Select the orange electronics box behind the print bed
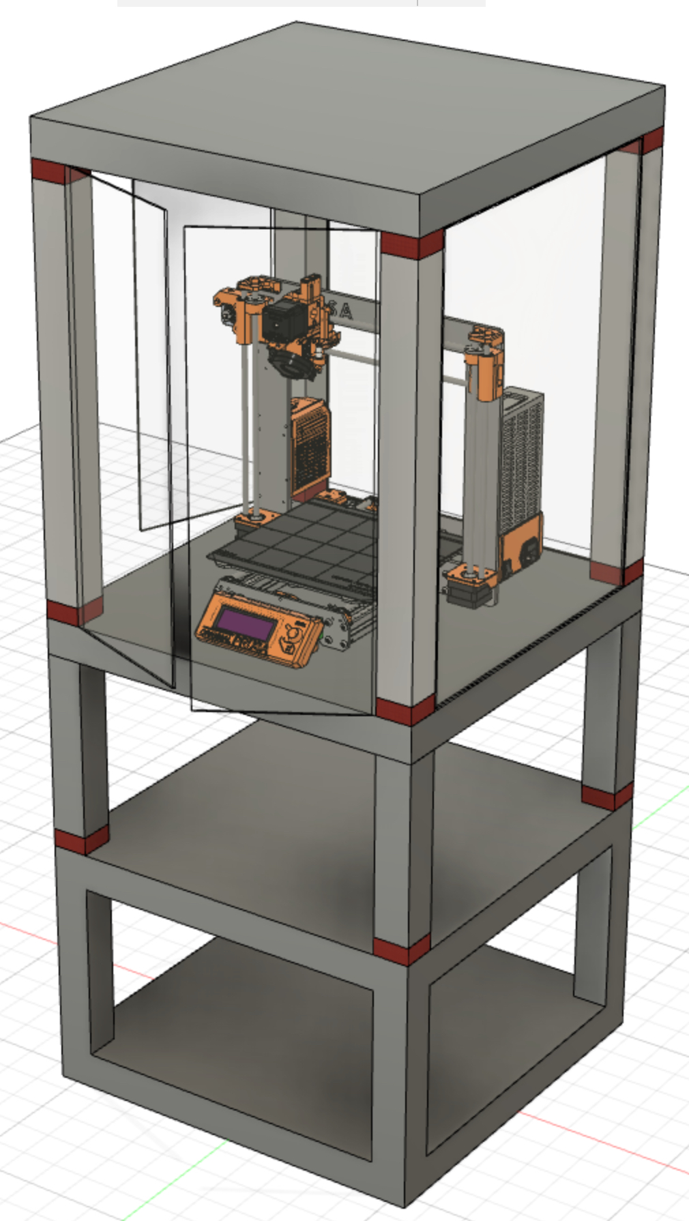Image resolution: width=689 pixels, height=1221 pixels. (311, 443)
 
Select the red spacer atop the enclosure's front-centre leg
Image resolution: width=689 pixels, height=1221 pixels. (411, 245)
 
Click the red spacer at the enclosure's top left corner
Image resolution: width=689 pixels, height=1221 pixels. (49, 171)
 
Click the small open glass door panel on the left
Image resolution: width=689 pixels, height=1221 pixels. (151, 355)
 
